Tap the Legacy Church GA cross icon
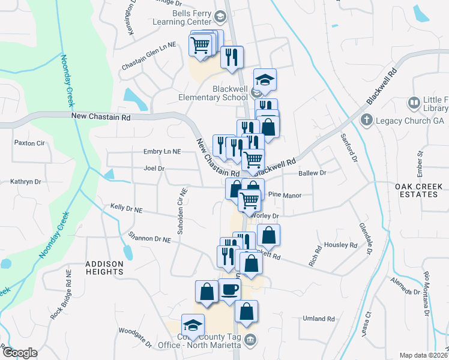(366, 120)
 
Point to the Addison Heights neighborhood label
(104, 268)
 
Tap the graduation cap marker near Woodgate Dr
(193, 326)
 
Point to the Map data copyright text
(424, 355)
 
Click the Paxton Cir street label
(29, 143)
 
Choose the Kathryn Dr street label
(25, 181)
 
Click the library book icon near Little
(414, 103)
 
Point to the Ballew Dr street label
(312, 173)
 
